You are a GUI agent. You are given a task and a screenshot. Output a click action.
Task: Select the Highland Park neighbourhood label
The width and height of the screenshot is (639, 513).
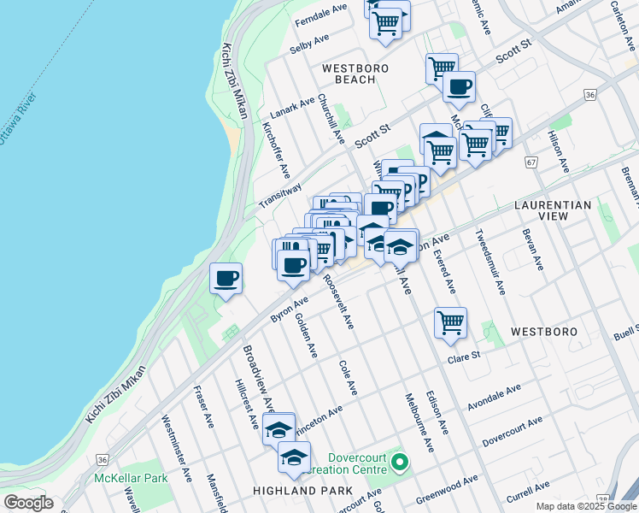(302, 491)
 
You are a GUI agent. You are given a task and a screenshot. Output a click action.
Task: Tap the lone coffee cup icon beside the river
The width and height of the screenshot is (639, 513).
(226, 279)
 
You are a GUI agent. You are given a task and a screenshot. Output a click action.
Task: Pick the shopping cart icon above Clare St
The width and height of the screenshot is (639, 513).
(450, 324)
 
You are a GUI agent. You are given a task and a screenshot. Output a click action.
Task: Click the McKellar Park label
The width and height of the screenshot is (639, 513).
(131, 478)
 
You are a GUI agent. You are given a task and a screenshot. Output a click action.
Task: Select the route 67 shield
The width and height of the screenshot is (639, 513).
(531, 162)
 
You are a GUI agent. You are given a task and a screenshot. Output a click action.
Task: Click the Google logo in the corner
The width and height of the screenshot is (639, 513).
(28, 502)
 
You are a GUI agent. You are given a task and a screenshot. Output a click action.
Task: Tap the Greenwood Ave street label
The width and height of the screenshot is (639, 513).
(447, 489)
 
